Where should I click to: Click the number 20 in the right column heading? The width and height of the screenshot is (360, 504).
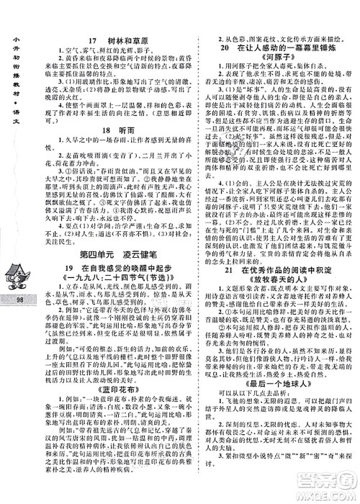point(223,45)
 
